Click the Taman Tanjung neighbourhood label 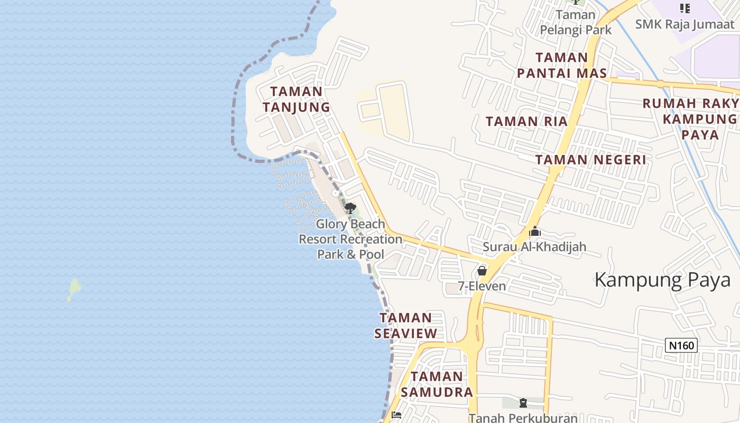[x=296, y=99]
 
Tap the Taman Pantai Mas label [x=561, y=65]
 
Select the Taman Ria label [x=526, y=121]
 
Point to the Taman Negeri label [x=590, y=160]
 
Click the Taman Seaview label [x=406, y=325]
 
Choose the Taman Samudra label [x=437, y=384]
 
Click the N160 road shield [x=681, y=346]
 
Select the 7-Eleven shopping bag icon [x=482, y=271]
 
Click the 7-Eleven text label [x=482, y=287]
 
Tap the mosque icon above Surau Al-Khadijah [x=534, y=232]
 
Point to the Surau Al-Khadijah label [x=534, y=246]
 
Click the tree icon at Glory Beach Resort [x=350, y=208]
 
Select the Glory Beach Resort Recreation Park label [x=350, y=239]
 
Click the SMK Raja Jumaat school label [x=684, y=24]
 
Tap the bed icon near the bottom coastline [x=396, y=415]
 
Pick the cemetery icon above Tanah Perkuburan [x=523, y=403]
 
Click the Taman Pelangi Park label [x=576, y=22]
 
